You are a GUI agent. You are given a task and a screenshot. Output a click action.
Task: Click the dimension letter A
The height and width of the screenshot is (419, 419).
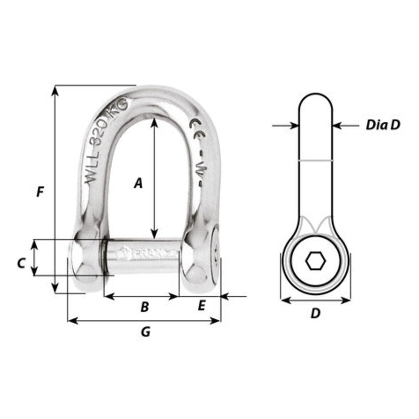(x=138, y=183)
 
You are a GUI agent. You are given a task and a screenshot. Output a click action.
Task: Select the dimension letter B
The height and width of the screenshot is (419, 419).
(x=144, y=307)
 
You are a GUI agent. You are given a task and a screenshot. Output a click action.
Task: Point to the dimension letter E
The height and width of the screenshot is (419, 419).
(x=201, y=306)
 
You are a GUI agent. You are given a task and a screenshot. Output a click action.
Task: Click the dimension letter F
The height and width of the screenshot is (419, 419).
(x=40, y=192)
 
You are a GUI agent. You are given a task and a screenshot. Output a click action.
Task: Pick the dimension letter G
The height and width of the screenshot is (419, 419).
(x=145, y=332)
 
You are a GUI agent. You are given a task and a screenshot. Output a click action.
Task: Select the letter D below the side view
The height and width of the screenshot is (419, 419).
(x=316, y=313)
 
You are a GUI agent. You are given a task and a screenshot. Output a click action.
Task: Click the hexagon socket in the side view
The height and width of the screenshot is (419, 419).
(x=316, y=262)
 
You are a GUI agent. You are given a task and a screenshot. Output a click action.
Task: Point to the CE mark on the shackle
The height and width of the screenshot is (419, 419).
(x=196, y=128)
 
